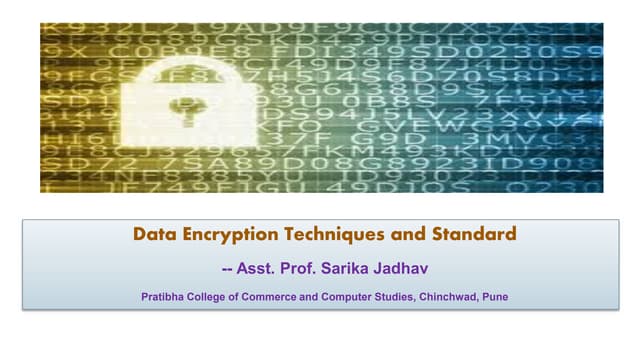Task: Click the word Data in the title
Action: click(153, 235)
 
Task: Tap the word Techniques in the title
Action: click(340, 235)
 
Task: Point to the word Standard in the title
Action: click(474, 235)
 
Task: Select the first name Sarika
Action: click(358, 268)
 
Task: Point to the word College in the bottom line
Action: click(216, 296)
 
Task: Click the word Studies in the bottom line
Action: click(413, 296)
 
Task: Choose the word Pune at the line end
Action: click(510, 296)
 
